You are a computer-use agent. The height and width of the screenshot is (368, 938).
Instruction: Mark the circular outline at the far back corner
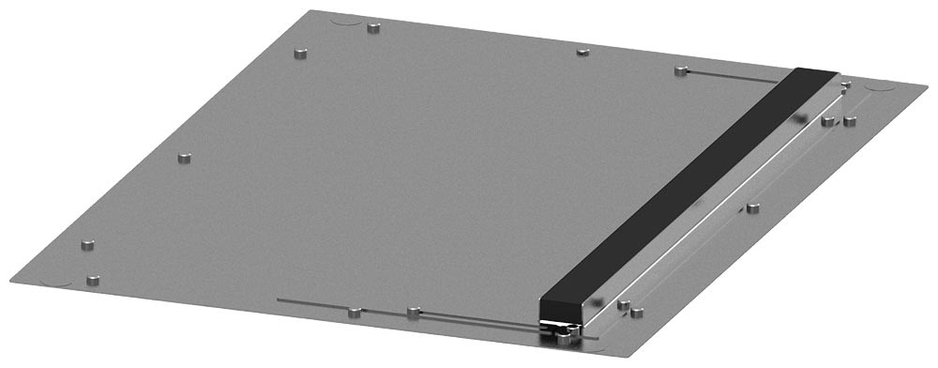343,18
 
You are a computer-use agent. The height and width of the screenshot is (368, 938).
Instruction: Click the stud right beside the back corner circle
373,24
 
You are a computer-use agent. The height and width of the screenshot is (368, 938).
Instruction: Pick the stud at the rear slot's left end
681,70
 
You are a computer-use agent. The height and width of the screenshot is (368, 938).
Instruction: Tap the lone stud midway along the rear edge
582,50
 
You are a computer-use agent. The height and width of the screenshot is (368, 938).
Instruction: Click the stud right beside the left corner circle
93,279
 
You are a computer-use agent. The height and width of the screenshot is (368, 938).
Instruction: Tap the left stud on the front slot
354,312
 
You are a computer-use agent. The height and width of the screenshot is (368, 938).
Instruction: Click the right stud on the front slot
414,310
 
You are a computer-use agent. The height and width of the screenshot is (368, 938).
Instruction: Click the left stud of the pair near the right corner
827,119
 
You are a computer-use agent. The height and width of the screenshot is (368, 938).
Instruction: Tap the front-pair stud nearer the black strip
622,304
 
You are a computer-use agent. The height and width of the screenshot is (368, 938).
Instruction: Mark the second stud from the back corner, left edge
301,53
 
